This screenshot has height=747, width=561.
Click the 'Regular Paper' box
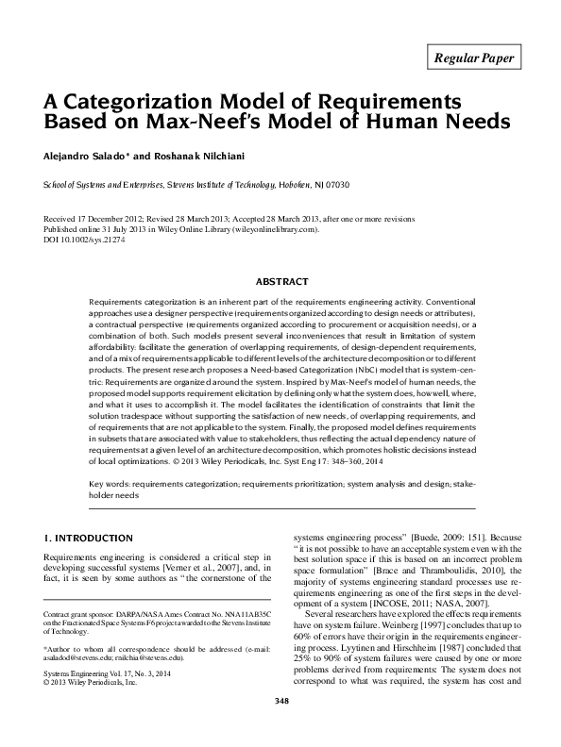tap(474, 58)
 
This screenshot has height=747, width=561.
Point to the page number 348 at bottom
tap(280, 727)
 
